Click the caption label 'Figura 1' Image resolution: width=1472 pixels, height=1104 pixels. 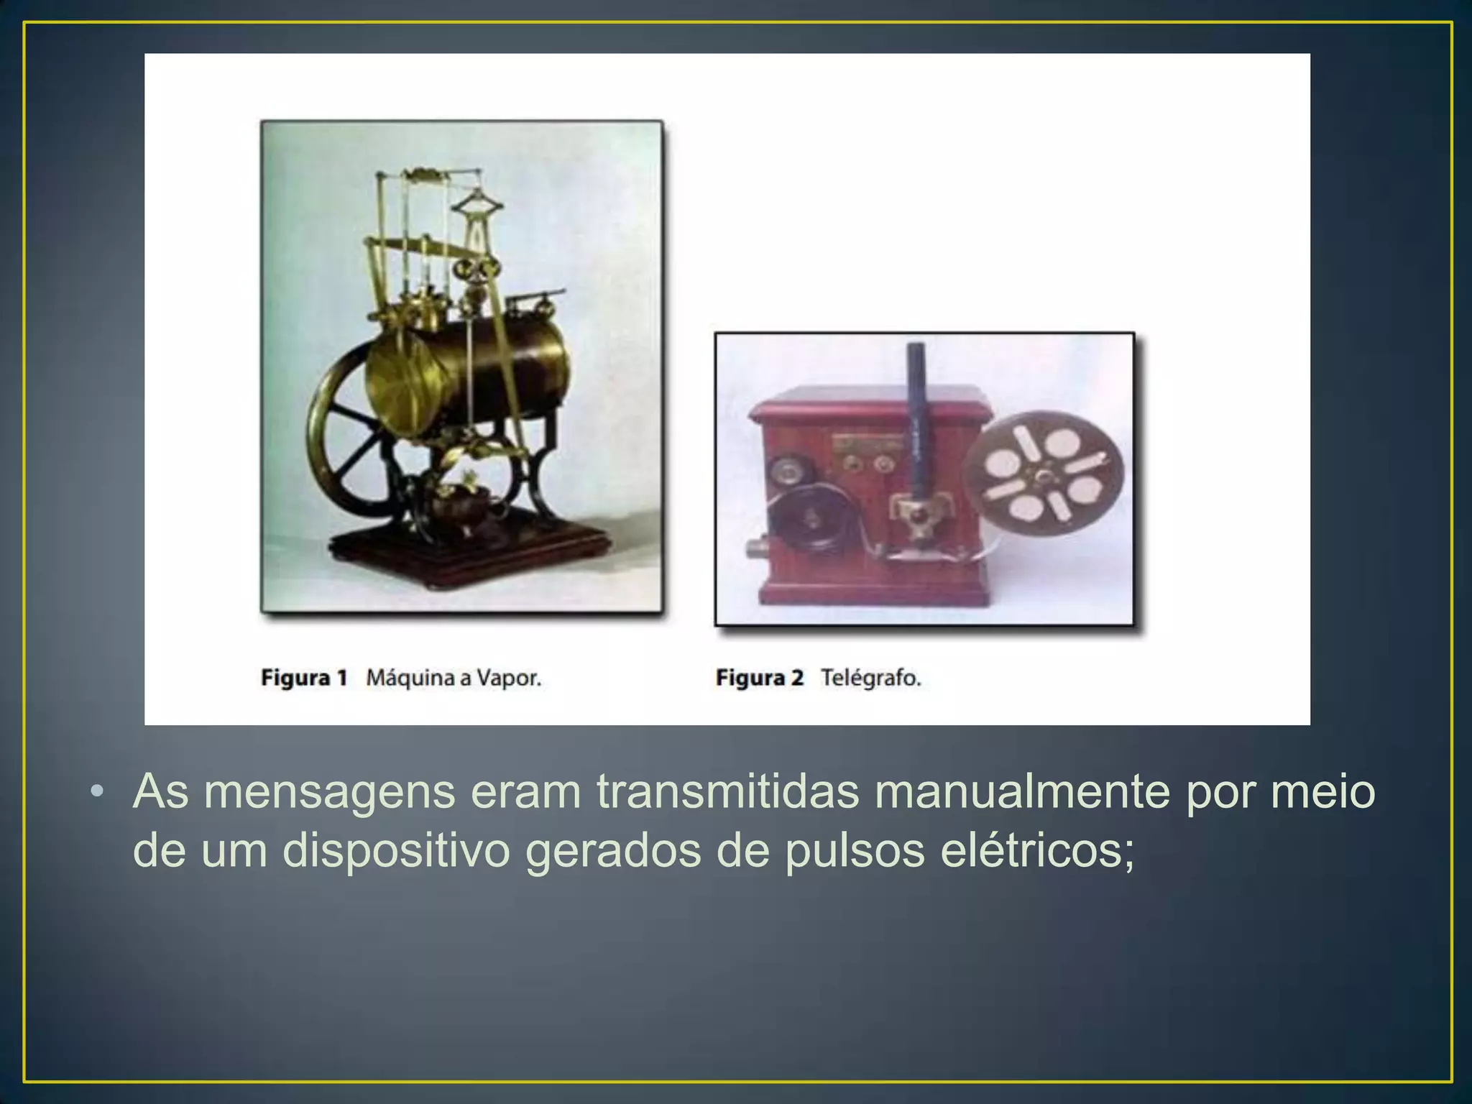pos(304,678)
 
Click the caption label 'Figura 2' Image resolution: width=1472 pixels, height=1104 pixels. pos(759,678)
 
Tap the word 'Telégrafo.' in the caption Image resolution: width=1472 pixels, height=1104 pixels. pos(870,678)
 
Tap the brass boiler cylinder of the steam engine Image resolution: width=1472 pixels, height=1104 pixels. pos(467,374)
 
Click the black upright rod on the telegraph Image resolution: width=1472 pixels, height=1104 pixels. pos(916,417)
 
